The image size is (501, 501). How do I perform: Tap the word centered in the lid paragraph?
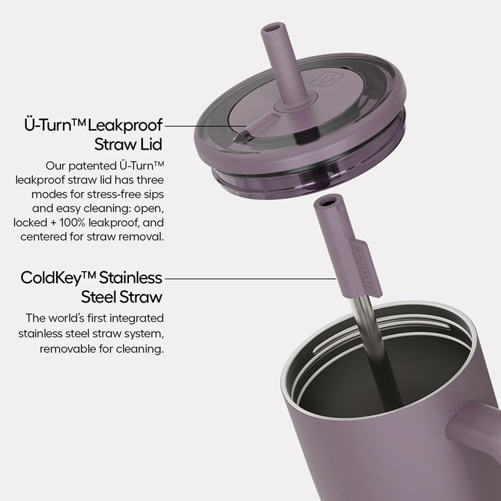(44, 236)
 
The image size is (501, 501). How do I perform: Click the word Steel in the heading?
(100, 295)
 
